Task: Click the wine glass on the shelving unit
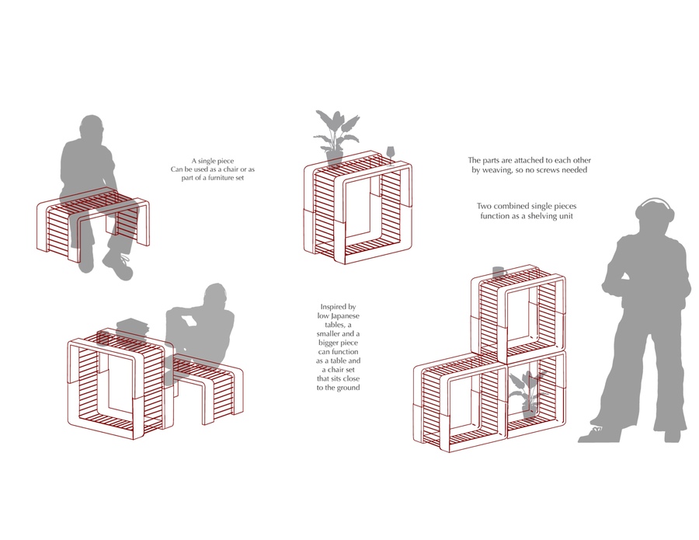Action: (x=391, y=155)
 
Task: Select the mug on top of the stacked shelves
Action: (x=499, y=272)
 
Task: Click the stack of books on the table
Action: (x=132, y=326)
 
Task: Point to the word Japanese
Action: (x=345, y=315)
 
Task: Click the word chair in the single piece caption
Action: (x=230, y=169)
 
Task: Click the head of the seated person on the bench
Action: (x=92, y=129)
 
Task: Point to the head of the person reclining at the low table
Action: (x=217, y=296)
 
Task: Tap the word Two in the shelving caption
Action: (x=483, y=206)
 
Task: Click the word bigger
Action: (x=329, y=343)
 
